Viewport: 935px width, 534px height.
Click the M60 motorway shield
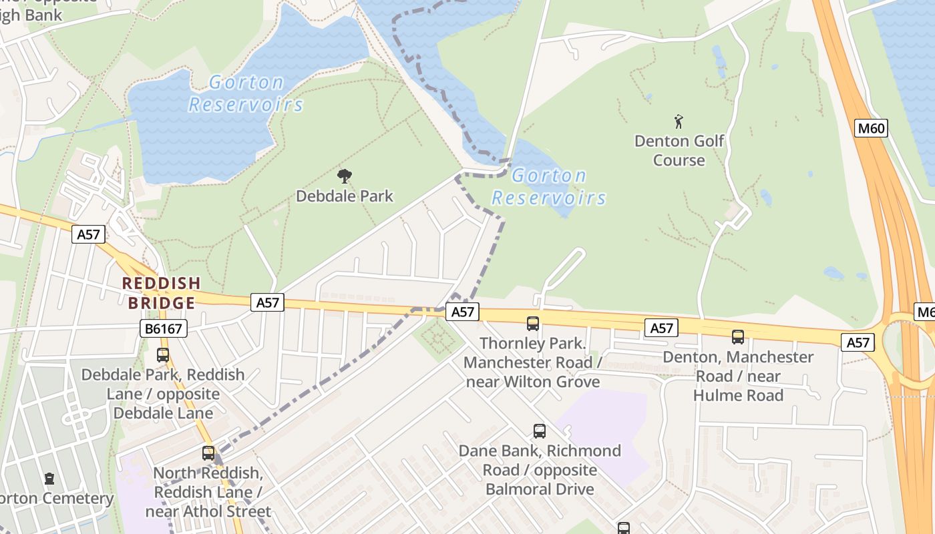point(871,127)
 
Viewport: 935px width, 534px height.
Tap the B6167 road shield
point(163,328)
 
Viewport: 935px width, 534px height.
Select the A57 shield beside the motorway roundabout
point(858,342)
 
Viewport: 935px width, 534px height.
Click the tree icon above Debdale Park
point(345,177)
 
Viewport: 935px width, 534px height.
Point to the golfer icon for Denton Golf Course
point(679,121)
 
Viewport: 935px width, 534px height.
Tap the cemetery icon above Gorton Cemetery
point(49,479)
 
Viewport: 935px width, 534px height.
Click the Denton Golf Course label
point(679,150)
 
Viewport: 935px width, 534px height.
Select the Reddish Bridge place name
point(162,293)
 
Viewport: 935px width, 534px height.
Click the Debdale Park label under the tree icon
point(345,196)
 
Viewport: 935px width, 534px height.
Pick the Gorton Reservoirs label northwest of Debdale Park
point(246,93)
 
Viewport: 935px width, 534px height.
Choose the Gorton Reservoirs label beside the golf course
point(549,187)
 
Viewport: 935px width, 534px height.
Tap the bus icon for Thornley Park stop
point(533,324)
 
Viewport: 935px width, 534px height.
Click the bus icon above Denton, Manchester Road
point(738,337)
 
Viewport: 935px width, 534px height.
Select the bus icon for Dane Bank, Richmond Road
point(540,431)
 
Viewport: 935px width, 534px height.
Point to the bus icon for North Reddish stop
point(208,453)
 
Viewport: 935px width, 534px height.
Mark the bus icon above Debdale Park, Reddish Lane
point(163,355)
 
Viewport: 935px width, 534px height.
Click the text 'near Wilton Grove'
point(533,382)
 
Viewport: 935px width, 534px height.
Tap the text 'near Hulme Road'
point(738,395)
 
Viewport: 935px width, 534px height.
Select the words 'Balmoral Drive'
point(540,489)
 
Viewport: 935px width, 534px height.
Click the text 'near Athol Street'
point(208,512)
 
